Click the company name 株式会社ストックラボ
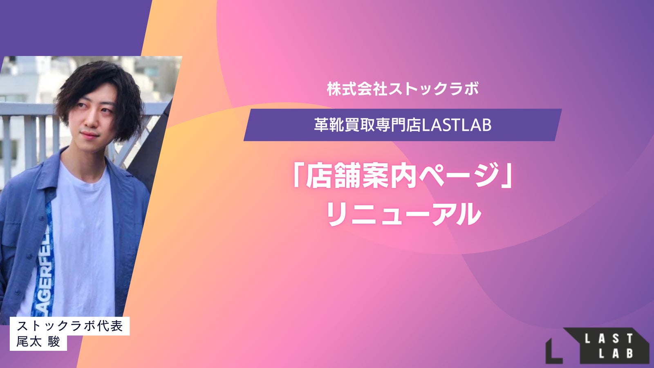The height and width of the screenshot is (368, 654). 403,89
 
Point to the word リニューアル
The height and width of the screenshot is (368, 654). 403,214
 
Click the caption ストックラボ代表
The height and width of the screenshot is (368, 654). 70,326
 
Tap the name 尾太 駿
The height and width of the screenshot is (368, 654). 38,341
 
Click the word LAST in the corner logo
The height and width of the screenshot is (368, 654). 609,339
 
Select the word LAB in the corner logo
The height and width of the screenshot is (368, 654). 616,353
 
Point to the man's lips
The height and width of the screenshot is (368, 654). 90,135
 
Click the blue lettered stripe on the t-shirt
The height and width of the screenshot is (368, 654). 45,257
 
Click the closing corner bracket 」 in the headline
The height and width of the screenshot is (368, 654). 507,175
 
